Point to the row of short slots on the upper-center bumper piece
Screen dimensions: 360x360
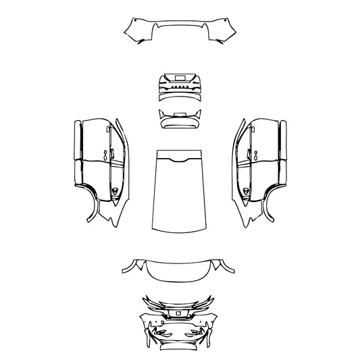coord(180,86)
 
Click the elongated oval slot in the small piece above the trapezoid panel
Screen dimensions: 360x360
coord(180,114)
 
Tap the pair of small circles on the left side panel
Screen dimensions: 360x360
coord(106,154)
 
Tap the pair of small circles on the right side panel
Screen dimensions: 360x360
coord(254,154)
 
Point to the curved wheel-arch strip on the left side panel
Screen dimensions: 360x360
coord(91,203)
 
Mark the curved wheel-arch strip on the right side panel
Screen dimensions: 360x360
coord(269,203)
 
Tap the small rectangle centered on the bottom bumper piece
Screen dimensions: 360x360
coord(180,313)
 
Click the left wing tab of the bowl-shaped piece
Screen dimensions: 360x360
coord(130,269)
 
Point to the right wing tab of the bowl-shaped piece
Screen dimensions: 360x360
coord(230,269)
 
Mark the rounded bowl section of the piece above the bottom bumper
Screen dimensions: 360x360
coord(180,272)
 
